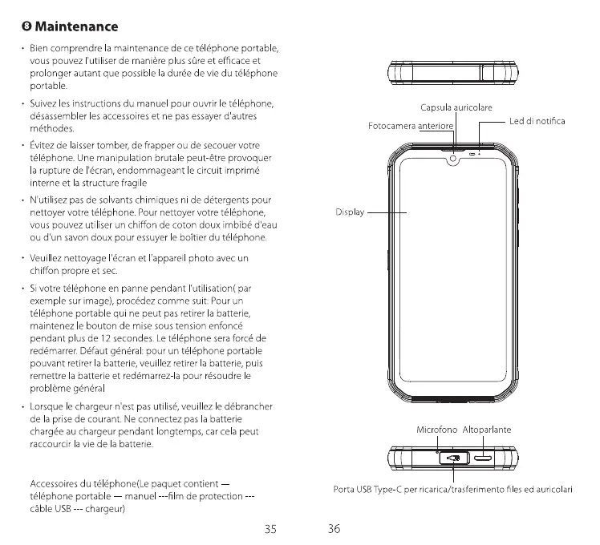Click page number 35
point(270,528)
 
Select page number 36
point(334,528)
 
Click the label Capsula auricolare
point(456,107)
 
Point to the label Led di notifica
point(537,121)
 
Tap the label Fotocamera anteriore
point(411,127)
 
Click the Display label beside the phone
point(350,212)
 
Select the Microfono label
point(437,430)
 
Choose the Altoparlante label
point(487,430)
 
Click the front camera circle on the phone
point(454,158)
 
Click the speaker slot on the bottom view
point(484,459)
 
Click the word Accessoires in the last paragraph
point(57,483)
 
